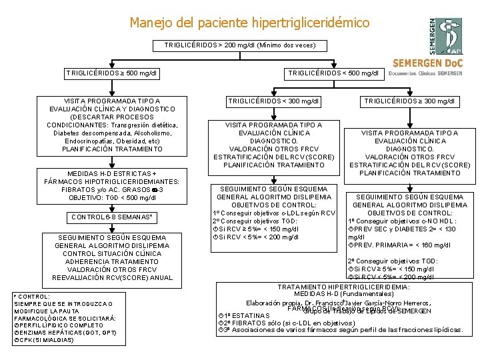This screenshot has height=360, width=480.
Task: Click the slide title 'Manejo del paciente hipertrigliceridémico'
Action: (249, 23)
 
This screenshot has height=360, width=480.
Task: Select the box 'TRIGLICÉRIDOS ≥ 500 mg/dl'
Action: (111, 73)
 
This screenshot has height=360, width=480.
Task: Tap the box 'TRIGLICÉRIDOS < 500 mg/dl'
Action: (333, 73)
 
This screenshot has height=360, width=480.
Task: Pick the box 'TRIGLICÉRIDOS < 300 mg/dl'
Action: (274, 101)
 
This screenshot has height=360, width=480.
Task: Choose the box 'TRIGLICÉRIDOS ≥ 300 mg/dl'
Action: (409, 101)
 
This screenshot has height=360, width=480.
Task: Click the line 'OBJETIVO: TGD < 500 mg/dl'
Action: (111, 197)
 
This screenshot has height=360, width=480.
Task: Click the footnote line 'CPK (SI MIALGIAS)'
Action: (45, 340)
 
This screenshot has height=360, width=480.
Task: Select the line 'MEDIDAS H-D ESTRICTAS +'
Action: (111, 173)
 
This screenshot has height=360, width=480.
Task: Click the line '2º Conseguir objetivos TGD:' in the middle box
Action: (254, 221)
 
